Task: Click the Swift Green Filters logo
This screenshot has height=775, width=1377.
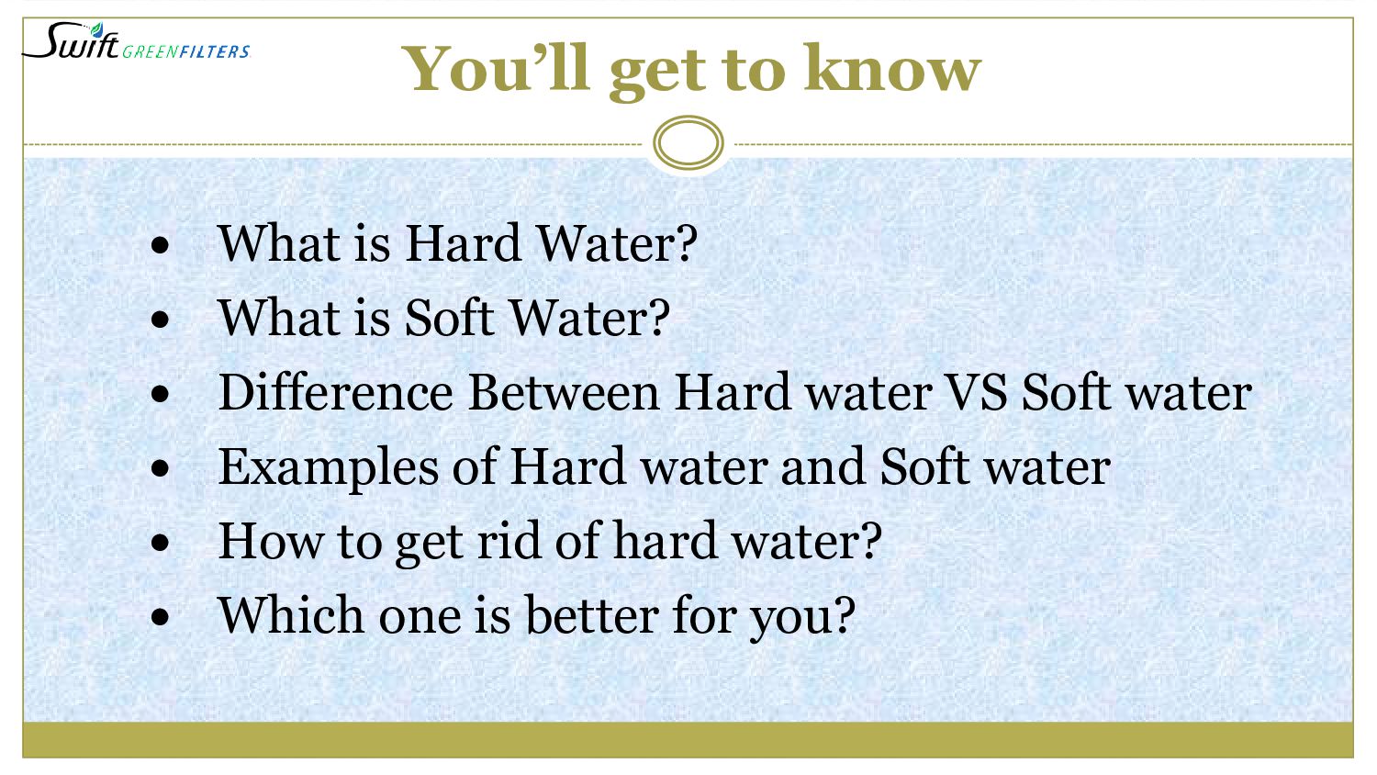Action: coord(136,42)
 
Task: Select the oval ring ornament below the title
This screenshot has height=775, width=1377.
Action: coord(688,143)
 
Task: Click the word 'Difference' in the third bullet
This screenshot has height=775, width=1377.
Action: coord(336,393)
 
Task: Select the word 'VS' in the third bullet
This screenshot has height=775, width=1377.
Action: coord(977,393)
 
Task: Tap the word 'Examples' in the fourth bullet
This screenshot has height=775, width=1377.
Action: coord(329,468)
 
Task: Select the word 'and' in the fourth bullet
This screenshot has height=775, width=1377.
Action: coord(823,467)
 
